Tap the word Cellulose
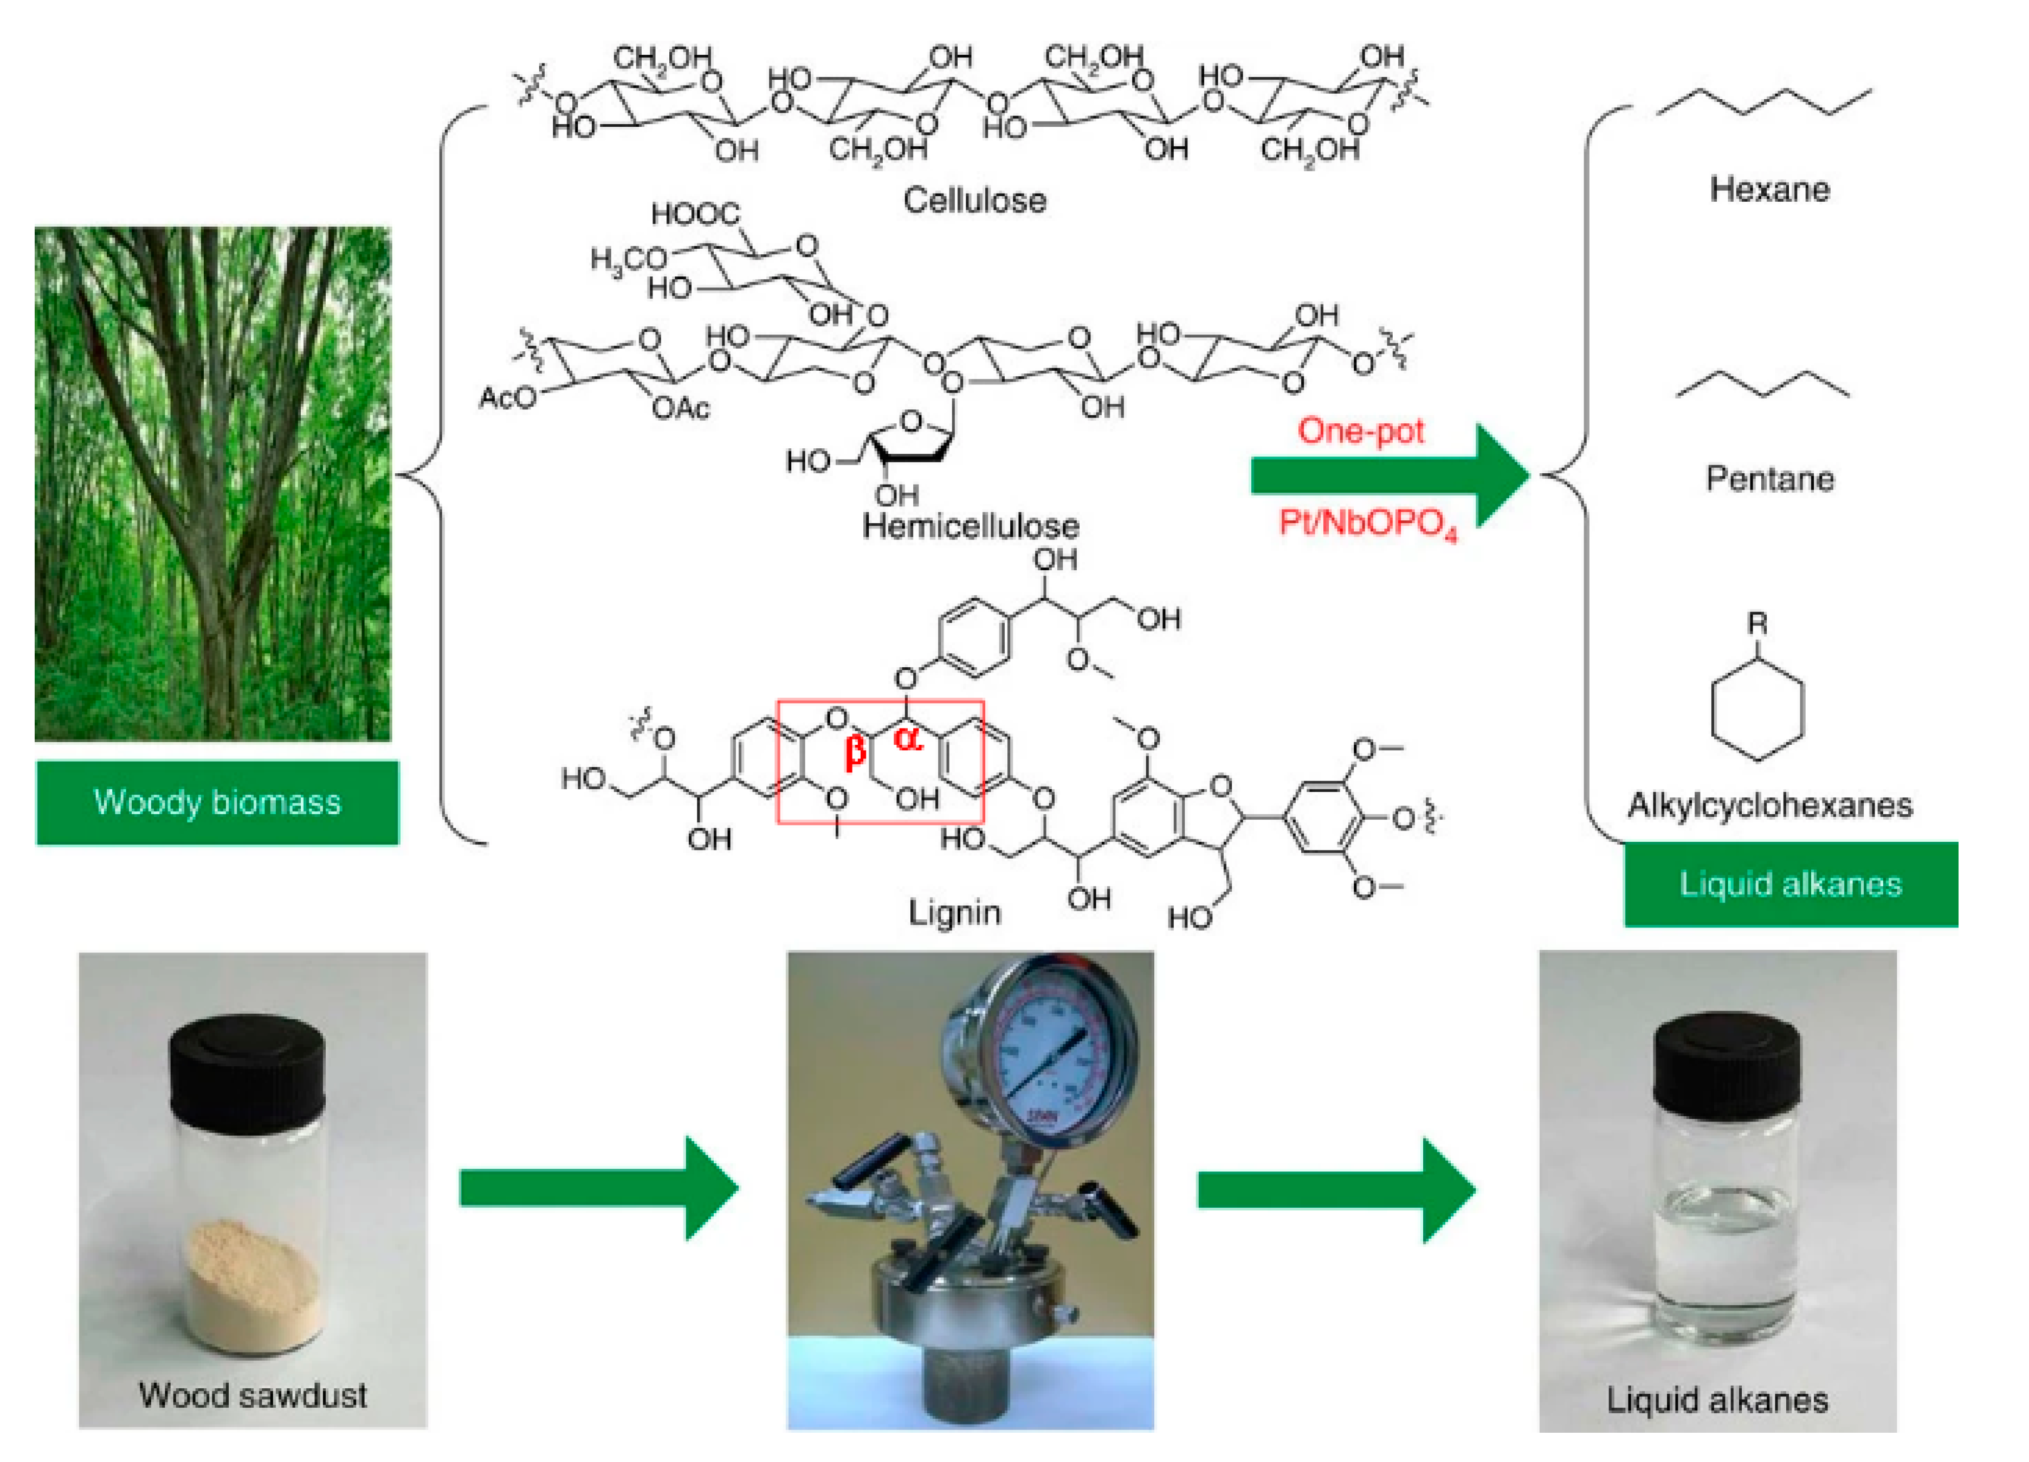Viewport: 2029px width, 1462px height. pos(974,199)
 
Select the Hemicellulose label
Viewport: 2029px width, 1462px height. pos(971,525)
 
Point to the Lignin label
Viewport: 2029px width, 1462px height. pos(954,913)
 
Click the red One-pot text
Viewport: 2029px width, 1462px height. pos(1361,431)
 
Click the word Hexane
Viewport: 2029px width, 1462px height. pos(1769,190)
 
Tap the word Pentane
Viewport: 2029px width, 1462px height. pos(1769,479)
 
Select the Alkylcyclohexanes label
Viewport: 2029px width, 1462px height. pos(1769,805)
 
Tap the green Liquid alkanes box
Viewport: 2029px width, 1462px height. pos(1790,884)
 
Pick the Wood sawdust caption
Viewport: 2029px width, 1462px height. pos(253,1395)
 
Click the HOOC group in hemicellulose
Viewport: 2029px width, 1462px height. pos(695,214)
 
